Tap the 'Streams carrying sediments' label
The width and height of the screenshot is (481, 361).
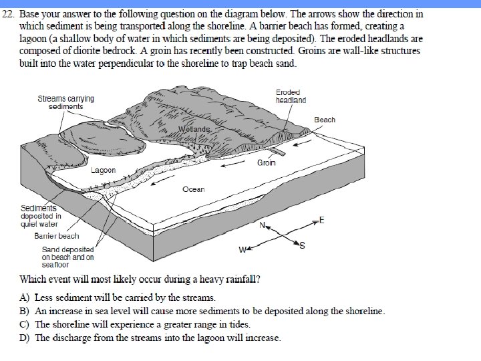click(65, 102)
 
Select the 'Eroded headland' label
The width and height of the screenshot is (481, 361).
click(291, 96)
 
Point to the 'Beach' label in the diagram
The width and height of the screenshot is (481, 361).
click(325, 120)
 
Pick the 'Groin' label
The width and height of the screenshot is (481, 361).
click(267, 162)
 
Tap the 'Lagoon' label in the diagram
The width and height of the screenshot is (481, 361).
click(103, 170)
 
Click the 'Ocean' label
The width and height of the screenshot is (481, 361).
click(193, 189)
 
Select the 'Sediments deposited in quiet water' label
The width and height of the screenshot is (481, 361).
click(41, 216)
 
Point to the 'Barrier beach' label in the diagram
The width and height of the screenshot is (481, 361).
click(56, 235)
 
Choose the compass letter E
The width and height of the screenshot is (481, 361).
click(322, 220)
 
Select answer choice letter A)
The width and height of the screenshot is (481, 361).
click(25, 297)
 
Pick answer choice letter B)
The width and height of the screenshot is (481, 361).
click(25, 311)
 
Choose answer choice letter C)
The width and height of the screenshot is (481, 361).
click(25, 324)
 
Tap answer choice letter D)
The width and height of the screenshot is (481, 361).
click(25, 338)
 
